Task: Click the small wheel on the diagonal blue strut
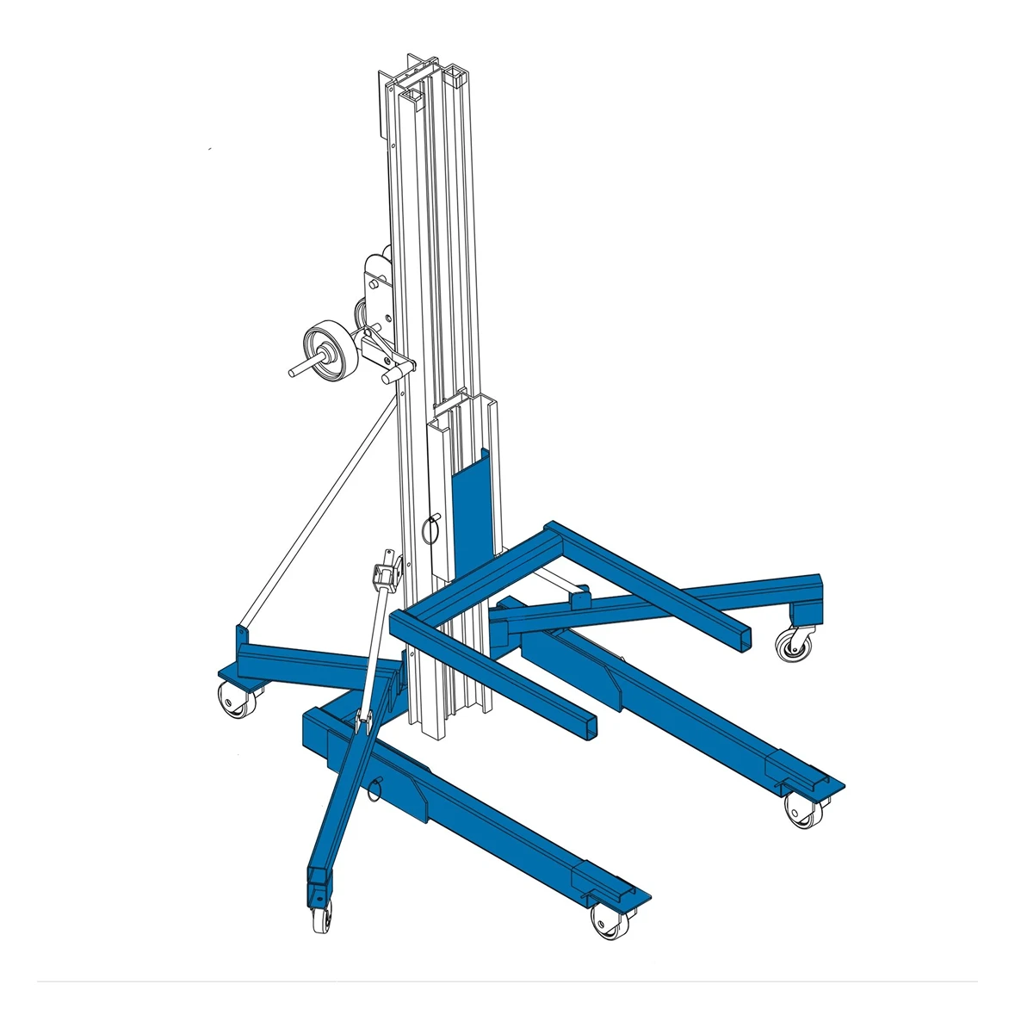click(318, 916)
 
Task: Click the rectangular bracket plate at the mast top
click(384, 103)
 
